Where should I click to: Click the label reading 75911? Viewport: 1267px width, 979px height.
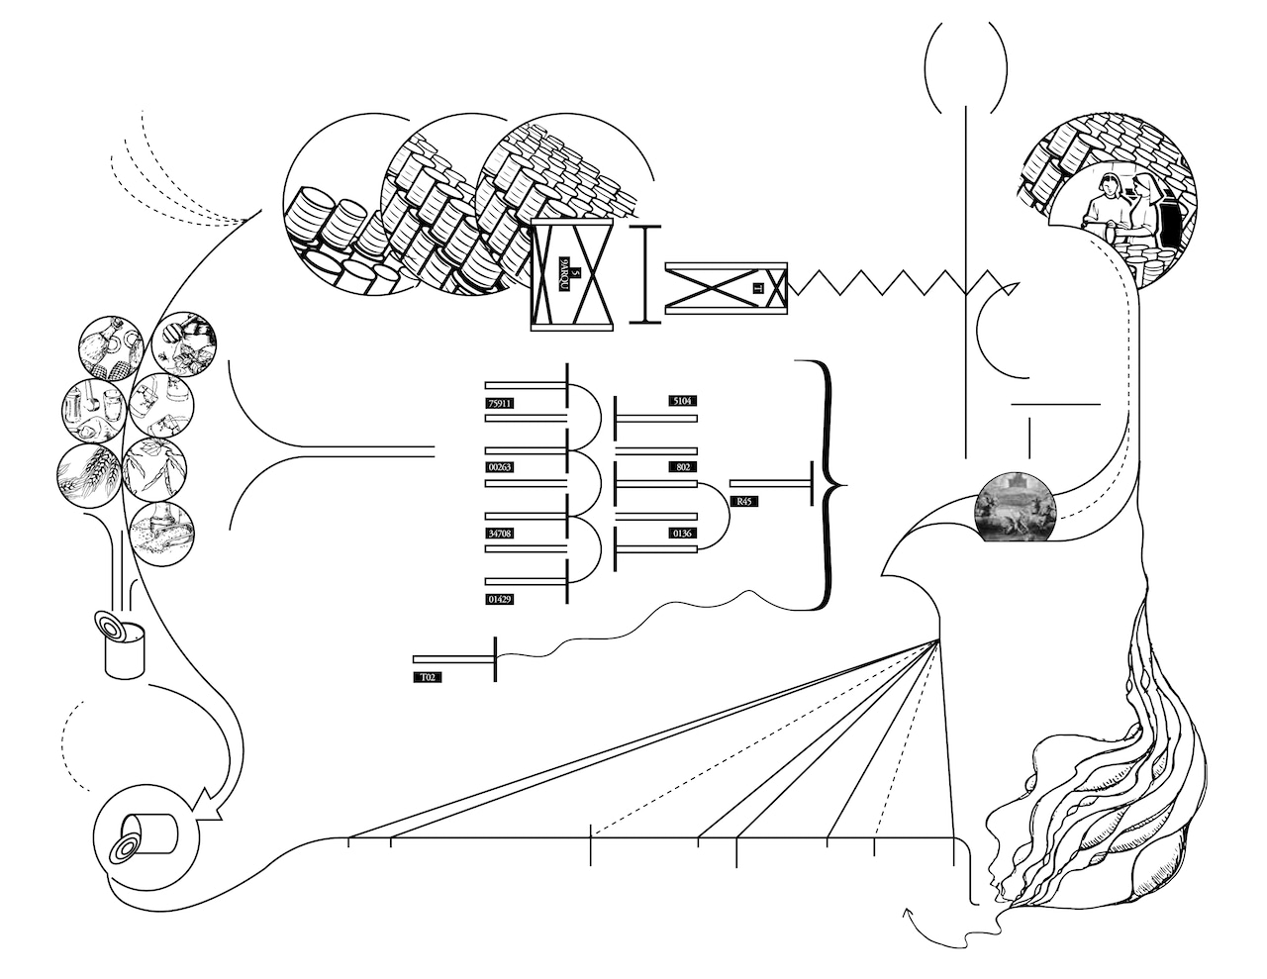coord(502,403)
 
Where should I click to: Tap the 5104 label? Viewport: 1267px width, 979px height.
coord(682,401)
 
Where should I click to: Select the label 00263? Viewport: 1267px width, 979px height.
coord(502,467)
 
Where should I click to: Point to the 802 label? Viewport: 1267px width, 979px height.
coord(682,466)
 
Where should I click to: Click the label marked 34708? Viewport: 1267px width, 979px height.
coord(502,534)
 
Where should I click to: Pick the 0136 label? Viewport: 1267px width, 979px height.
coord(682,534)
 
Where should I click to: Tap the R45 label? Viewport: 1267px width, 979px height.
coord(744,502)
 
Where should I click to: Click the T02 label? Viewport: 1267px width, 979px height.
coord(429,678)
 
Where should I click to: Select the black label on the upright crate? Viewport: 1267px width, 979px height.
coord(571,273)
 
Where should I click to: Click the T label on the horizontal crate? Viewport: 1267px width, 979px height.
coord(757,288)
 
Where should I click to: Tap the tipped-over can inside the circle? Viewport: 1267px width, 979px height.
coord(146,835)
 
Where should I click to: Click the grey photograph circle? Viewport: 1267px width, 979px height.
coord(1015,507)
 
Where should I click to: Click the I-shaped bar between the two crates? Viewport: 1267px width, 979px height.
coord(645,273)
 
